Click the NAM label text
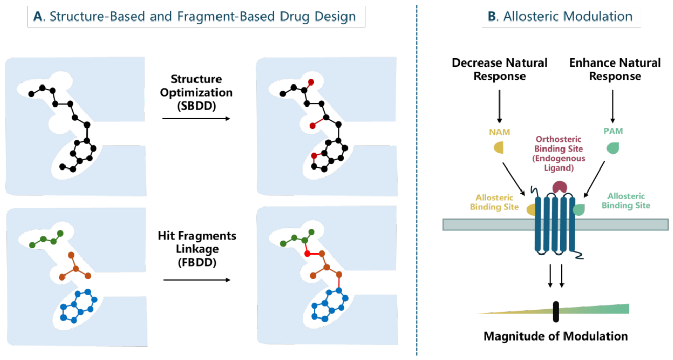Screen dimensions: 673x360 (x=500, y=132)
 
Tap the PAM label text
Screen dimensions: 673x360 (x=613, y=131)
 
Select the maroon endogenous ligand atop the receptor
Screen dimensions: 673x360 (x=559, y=187)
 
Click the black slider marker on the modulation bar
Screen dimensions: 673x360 (x=556, y=312)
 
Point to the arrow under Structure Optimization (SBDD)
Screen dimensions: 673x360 (x=196, y=119)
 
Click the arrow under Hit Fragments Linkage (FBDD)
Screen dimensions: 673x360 (x=197, y=280)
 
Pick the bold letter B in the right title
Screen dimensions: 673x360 (x=492, y=16)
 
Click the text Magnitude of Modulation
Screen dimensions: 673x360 (x=556, y=336)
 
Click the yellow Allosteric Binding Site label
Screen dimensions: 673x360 (x=494, y=202)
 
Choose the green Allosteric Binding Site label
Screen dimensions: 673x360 (x=626, y=201)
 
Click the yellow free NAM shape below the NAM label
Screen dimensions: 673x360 (x=499, y=147)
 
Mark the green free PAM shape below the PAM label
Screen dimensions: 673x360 (x=613, y=148)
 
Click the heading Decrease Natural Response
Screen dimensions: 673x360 (x=500, y=70)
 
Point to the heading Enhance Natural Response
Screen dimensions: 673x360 (x=615, y=70)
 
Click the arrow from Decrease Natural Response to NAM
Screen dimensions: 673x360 (x=500, y=107)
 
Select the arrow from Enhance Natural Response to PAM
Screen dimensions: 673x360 (x=613, y=107)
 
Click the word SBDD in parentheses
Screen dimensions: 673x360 (x=197, y=106)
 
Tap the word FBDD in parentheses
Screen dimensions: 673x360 (x=197, y=262)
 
